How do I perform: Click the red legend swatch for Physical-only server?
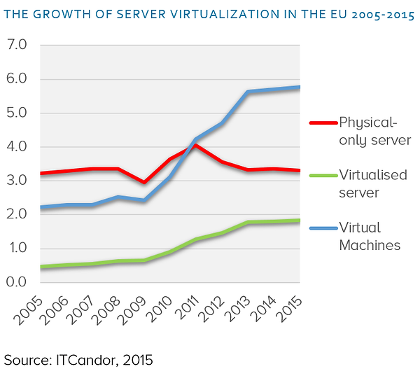click(322, 123)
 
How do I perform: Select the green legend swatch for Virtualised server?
click(322, 175)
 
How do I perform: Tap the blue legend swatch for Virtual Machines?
click(322, 228)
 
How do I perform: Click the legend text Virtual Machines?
click(369, 237)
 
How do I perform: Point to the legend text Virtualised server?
click(372, 183)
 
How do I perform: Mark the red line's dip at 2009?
click(144, 182)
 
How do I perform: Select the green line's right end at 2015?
click(300, 221)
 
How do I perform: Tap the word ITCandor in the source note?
click(85, 359)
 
